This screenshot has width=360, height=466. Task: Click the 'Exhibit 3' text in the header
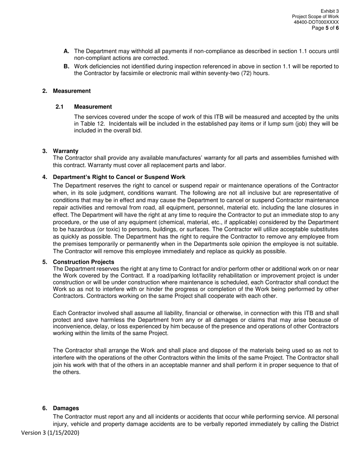[329, 11]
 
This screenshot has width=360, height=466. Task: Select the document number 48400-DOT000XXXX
[316, 22]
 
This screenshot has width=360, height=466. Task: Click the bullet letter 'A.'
[66, 51]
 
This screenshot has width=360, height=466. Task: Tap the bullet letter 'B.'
[66, 67]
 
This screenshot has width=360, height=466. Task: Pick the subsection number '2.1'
[59, 107]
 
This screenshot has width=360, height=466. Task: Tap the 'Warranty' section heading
[66, 151]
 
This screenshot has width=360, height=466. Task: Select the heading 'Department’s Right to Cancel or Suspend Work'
[119, 177]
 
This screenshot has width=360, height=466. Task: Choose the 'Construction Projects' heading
[83, 262]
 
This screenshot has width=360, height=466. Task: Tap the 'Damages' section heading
[66, 408]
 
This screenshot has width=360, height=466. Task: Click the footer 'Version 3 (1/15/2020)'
[50, 433]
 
